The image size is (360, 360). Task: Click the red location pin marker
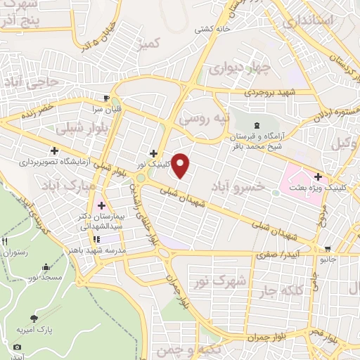(x=181, y=165)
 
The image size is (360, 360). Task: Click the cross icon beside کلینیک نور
(x=153, y=153)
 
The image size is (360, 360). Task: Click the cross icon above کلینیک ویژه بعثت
(x=319, y=176)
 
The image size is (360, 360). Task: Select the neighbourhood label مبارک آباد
(x=67, y=186)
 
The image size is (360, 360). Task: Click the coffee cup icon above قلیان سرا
(x=106, y=98)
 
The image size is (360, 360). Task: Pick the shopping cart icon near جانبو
(x=327, y=248)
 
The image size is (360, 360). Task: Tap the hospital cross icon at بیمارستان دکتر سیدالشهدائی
(x=103, y=206)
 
